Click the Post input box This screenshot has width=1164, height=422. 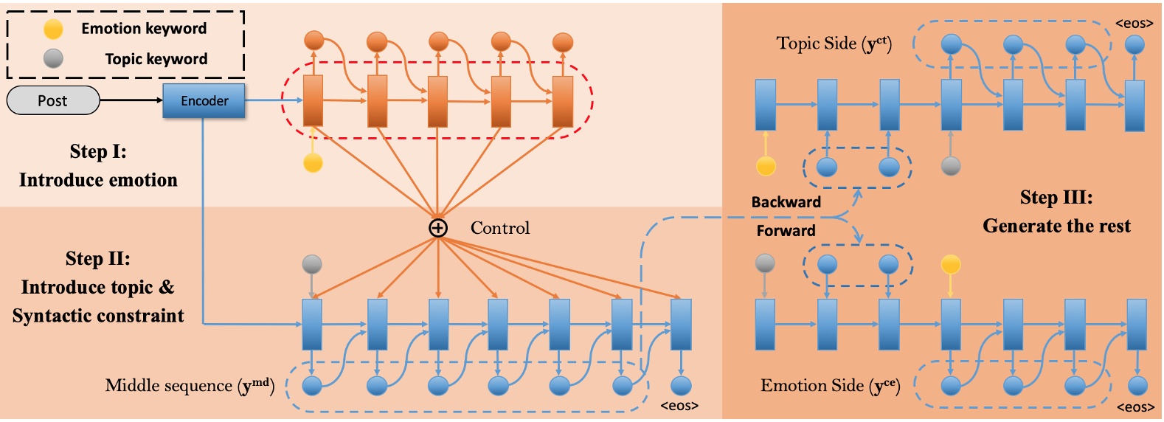point(53,100)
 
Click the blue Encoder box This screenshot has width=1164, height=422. point(204,100)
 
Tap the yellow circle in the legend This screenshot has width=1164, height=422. point(53,29)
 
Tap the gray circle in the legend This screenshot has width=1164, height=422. point(53,59)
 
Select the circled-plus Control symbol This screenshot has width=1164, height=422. point(438,228)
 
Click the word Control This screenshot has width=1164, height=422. point(500,228)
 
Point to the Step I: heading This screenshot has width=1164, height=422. point(98,152)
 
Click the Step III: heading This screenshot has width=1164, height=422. point(1056,198)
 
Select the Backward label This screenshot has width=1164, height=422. point(786,202)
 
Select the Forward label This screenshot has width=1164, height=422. point(786,231)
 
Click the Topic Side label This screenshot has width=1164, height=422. point(834,44)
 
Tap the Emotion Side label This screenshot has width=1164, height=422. point(830,386)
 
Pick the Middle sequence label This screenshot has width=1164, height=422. point(190,386)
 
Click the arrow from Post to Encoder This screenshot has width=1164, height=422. point(131,100)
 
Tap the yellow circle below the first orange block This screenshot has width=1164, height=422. point(313,162)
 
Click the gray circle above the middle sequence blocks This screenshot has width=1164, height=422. point(312,264)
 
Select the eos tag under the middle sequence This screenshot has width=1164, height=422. point(679,406)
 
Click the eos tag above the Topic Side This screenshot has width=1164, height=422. point(1134,24)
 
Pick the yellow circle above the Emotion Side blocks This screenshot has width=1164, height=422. point(951,264)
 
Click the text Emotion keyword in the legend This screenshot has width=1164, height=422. point(144,29)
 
